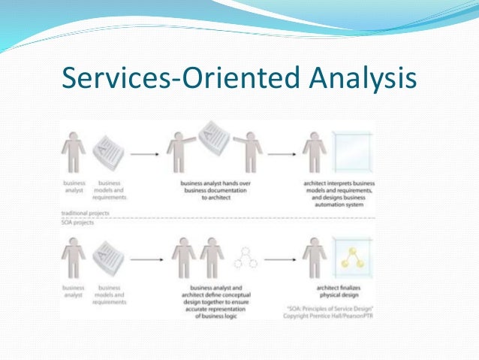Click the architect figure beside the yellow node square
point(312,259)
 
